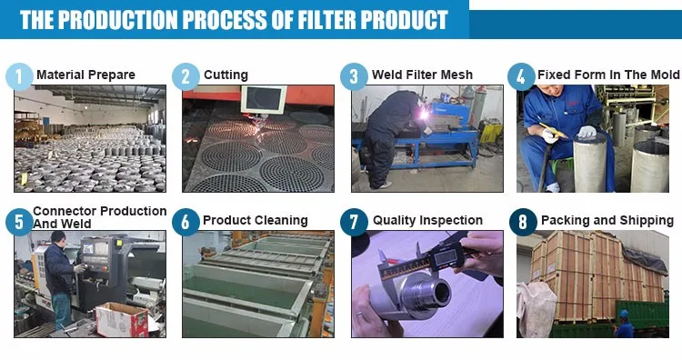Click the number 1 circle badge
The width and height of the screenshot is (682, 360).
pos(19,76)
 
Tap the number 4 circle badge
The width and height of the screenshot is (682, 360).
pos(521,76)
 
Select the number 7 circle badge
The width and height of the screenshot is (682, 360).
pos(354,222)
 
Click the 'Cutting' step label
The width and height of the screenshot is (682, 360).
pos(226,75)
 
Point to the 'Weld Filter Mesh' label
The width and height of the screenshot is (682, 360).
pos(422,75)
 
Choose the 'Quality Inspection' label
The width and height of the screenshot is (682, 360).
pos(427,220)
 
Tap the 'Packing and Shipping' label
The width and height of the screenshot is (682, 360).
pos(607,220)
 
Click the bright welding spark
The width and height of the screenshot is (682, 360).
pos(422,115)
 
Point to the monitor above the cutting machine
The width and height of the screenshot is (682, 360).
pos(264,99)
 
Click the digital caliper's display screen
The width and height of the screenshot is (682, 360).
pos(446,258)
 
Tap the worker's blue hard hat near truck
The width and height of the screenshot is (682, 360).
pos(624,314)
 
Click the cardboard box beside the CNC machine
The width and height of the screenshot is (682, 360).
pos(122,320)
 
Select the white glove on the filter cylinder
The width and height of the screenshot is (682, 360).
pos(587,131)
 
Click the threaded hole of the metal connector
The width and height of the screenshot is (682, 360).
pos(441,292)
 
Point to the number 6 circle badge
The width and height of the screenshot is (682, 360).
pos(186,222)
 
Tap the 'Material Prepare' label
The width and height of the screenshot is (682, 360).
pos(85,75)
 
